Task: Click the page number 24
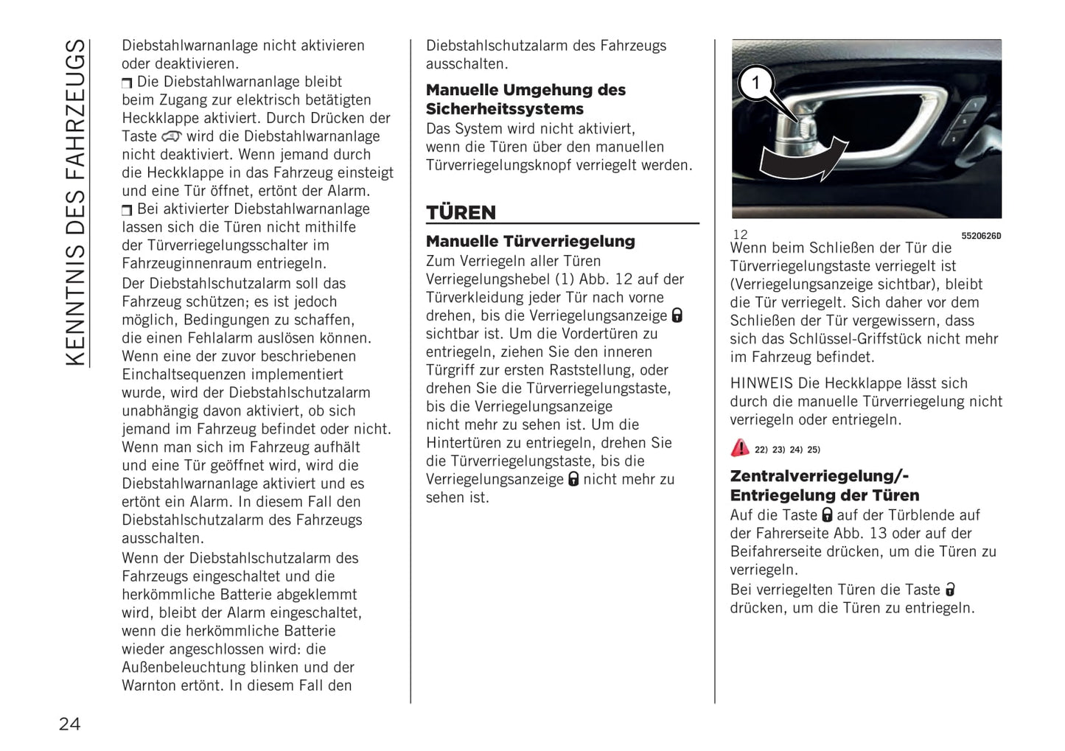69,724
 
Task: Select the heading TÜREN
461,212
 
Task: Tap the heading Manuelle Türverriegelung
530,241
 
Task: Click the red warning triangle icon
739,447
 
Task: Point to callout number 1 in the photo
755,83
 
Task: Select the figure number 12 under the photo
740,234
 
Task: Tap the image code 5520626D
980,236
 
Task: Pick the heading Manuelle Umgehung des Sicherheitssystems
525,99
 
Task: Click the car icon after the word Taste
171,136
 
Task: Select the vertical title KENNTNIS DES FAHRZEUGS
76,203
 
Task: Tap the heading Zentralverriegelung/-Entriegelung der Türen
824,486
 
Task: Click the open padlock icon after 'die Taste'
950,590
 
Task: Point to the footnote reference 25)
813,450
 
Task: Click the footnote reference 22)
761,450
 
